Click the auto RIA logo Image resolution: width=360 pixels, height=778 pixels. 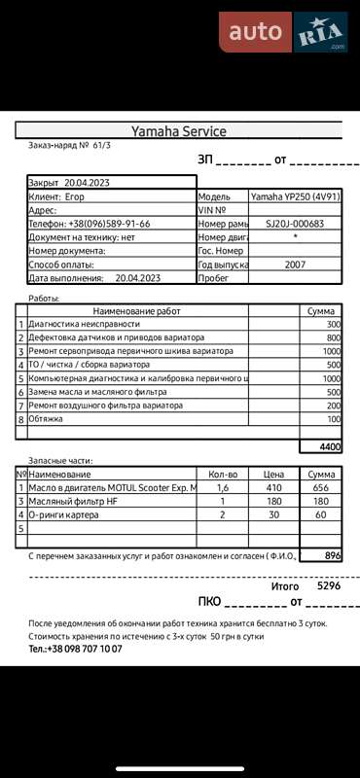pyautogui.click(x=283, y=31)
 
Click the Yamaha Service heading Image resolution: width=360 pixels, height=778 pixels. pyautogui.click(x=179, y=131)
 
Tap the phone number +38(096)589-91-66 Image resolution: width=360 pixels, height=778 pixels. pyautogui.click(x=109, y=223)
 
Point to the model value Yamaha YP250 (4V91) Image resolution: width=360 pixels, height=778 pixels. pyautogui.click(x=295, y=196)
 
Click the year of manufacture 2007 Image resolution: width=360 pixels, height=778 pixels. pyautogui.click(x=295, y=264)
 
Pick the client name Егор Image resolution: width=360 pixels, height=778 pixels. pyautogui.click(x=89, y=196)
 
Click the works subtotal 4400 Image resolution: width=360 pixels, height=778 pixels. pyautogui.click(x=330, y=446)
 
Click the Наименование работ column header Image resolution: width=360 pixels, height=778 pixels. pyautogui.click(x=136, y=310)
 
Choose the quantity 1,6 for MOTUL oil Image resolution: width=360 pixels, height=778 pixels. pyautogui.click(x=223, y=487)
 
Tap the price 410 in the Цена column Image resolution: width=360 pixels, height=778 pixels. pyautogui.click(x=273, y=487)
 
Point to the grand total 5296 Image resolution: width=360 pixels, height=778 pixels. pyautogui.click(x=329, y=586)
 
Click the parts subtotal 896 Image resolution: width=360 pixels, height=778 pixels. pyautogui.click(x=333, y=555)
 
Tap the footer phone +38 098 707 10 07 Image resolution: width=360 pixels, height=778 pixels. pyautogui.click(x=75, y=648)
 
